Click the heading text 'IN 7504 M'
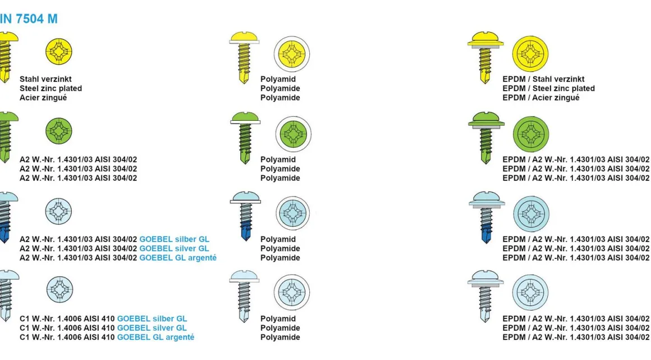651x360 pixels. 29,19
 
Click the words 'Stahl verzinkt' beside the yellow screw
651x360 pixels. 45,79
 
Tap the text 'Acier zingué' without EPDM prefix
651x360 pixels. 43,98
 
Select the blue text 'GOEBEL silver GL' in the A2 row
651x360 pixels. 174,249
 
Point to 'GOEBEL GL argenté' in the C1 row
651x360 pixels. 155,338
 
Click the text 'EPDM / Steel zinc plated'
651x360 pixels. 548,89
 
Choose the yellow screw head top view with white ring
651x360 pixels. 292,54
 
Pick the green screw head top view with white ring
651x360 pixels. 293,135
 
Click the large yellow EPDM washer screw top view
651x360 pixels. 530,54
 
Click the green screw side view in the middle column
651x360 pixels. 245,138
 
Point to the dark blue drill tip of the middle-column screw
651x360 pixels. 245,230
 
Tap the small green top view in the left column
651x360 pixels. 59,131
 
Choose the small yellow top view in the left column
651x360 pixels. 59,52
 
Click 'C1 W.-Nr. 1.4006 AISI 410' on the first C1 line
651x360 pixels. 67,319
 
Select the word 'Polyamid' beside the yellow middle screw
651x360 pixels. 278,79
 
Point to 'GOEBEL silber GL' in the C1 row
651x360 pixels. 152,319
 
